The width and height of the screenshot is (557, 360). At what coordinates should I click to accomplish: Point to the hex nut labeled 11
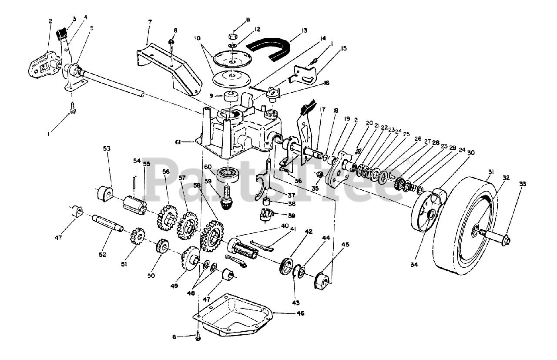coord(233,34)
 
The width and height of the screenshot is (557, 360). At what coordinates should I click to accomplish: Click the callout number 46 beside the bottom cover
coord(300,313)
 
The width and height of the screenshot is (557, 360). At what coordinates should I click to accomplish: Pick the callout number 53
coord(107,149)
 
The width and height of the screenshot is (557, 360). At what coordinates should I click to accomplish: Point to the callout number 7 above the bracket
coord(149,22)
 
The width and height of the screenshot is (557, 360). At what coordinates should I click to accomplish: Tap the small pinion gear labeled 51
coord(138,237)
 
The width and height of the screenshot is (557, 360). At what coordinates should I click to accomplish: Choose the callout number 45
coord(345,245)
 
